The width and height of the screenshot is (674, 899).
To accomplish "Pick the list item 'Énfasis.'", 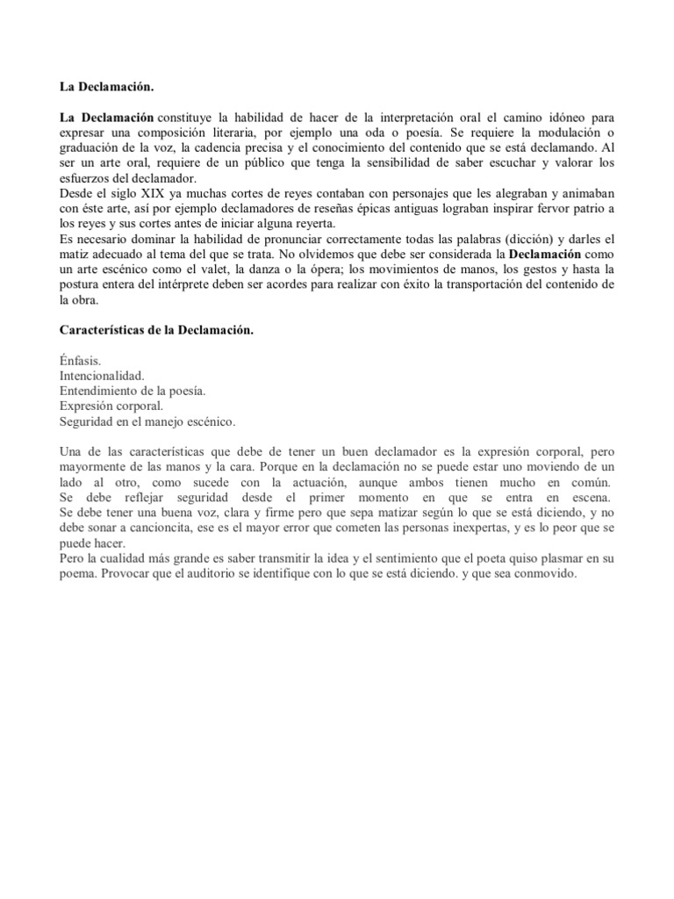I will coord(81,361).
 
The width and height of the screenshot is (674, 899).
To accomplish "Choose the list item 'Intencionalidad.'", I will coord(102,376).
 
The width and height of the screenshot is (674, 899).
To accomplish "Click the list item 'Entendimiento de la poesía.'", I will coord(133,391).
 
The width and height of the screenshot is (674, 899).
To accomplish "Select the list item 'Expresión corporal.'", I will coord(111,406).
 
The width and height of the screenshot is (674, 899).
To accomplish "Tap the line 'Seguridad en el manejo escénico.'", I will coord(147,421).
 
